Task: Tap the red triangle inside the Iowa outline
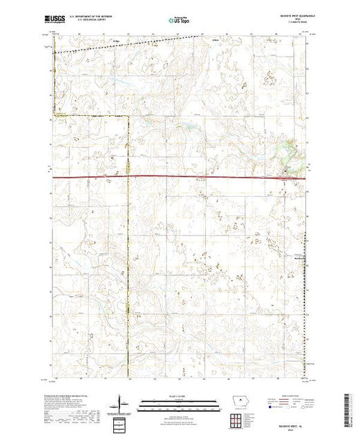[x=237, y=400]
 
